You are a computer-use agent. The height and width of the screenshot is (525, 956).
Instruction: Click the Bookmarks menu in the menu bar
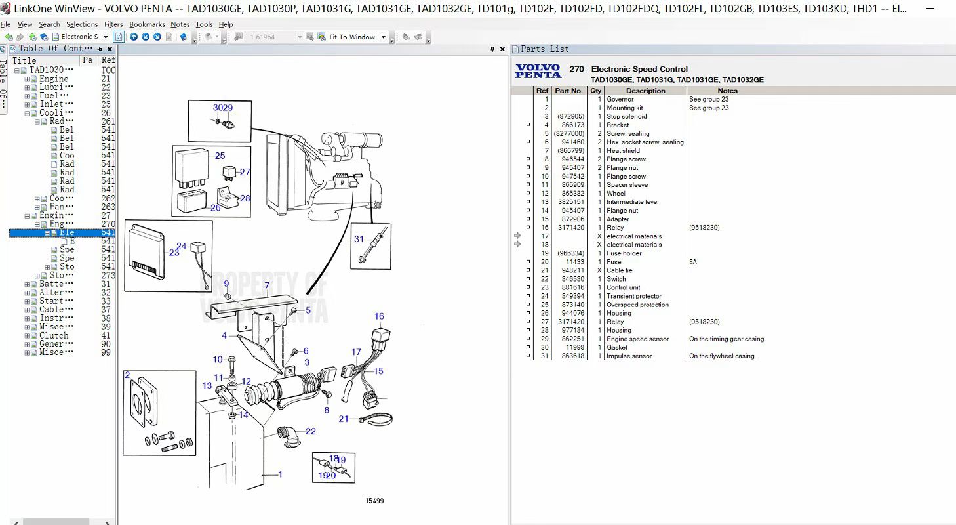tap(147, 24)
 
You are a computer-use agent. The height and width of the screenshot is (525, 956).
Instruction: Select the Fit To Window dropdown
tap(357, 37)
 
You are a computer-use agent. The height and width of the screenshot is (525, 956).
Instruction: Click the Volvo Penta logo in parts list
tap(538, 71)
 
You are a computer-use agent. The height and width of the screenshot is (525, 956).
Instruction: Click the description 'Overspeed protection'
tap(637, 304)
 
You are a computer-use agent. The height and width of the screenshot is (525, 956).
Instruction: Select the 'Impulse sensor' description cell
tap(629, 356)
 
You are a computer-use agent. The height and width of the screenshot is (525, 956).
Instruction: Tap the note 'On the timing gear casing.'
tap(727, 339)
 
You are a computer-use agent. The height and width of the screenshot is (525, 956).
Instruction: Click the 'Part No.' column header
tap(568, 91)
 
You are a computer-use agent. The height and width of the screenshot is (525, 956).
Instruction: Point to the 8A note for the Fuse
tap(693, 261)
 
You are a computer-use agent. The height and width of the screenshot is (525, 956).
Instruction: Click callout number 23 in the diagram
tap(174, 252)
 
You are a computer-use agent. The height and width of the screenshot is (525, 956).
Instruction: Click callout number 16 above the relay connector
tap(379, 316)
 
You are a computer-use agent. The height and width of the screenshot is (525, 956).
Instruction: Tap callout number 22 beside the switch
tap(310, 431)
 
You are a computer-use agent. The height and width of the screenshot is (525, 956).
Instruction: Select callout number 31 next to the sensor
tap(359, 239)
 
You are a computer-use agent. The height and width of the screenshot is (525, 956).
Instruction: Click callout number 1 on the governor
tap(280, 474)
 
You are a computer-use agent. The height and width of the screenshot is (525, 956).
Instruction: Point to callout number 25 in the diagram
tap(220, 156)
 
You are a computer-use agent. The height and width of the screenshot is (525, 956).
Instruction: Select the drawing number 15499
tap(374, 501)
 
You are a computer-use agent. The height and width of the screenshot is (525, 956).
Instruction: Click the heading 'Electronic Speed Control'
tap(639, 69)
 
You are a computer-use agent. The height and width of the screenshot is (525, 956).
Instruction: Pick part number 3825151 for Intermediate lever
tap(570, 202)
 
